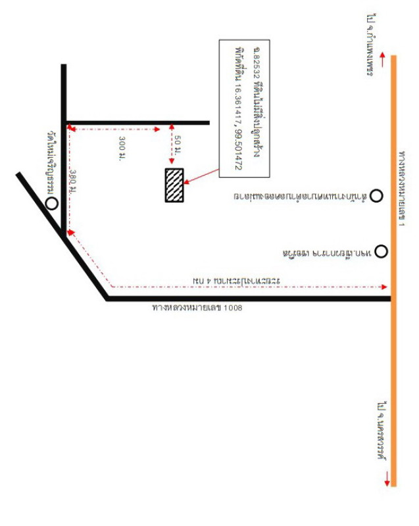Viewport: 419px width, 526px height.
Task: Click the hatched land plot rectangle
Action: click(174, 185)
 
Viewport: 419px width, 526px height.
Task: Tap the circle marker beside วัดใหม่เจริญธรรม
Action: click(51, 203)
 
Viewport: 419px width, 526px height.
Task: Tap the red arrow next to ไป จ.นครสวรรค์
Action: click(387, 477)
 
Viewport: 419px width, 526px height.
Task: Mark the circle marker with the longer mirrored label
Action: click(376, 195)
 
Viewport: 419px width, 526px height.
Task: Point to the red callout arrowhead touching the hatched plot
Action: click(187, 182)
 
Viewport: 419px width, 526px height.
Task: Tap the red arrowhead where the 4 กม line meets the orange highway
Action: click(385, 287)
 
